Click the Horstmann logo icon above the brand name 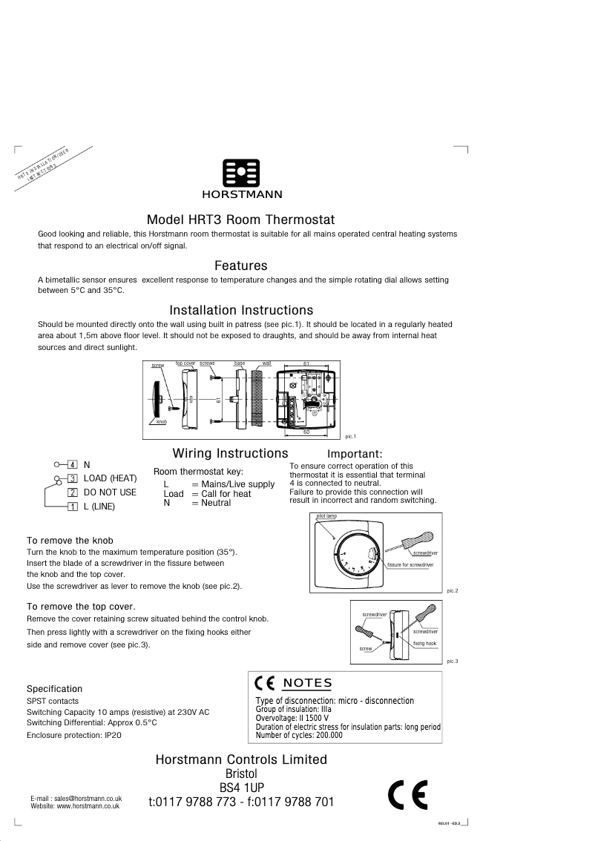point(241,174)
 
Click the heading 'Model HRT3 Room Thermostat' point(241,220)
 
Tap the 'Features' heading point(241,266)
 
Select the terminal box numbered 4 point(73,464)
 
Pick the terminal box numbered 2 point(73,492)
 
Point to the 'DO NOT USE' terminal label point(110,492)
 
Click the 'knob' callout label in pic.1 point(161,421)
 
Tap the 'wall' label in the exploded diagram point(266,363)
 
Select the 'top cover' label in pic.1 point(185,363)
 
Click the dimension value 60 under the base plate point(306,432)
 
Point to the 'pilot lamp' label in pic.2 point(326,515)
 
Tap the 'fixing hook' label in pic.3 point(425,643)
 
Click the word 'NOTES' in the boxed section point(307,683)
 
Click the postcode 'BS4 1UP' point(241,787)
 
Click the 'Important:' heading point(355,454)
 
